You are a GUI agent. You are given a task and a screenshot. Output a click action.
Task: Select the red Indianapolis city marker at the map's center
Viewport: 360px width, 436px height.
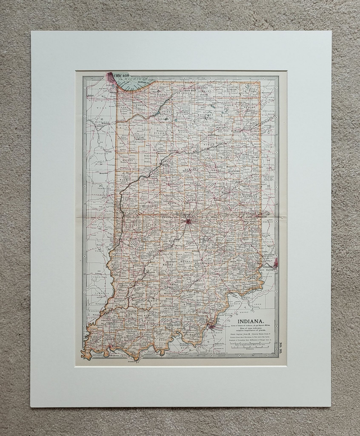(x=188, y=221)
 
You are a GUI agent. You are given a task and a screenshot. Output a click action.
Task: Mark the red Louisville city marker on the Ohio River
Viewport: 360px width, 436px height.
(x=212, y=325)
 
